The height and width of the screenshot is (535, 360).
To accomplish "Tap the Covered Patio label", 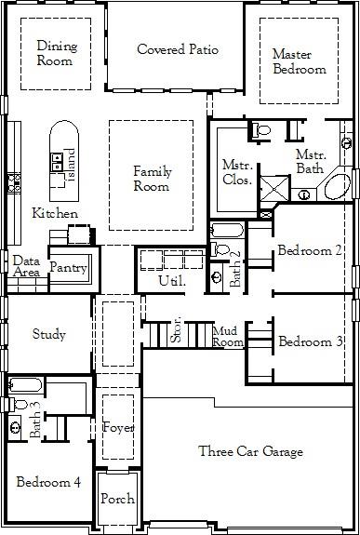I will coord(178,49).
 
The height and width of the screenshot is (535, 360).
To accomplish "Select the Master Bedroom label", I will coord(299,61).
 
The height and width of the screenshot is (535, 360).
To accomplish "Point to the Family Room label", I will coord(152,179).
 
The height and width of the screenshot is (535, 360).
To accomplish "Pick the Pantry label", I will coord(68,268).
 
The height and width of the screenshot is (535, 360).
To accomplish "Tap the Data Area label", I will coord(25,267).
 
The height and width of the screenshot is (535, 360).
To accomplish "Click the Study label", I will coord(48,335).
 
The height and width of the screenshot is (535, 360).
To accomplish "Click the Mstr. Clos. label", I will coord(236,172).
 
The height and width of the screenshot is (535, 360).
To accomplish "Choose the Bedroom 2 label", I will coord(310,250).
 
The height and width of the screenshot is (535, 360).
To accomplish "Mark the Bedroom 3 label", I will coord(311,342).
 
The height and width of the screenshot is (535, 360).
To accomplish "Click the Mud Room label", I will coord(229,336).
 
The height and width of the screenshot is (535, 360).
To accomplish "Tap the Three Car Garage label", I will coord(250,452).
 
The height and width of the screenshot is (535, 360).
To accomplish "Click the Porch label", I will coord(117,499).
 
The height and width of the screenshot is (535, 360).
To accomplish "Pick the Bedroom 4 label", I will coord(48,482).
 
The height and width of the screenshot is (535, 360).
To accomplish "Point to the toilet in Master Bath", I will coord(261,130).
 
